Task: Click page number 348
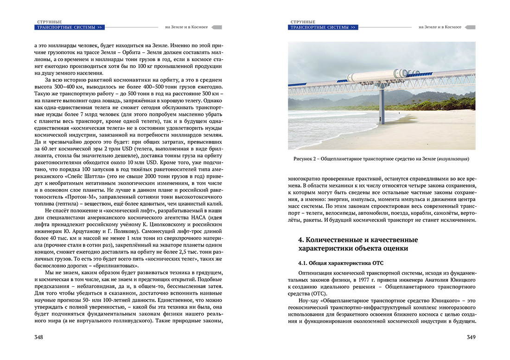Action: pyautogui.click(x=39, y=337)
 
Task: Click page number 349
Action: pyautogui.click(x=471, y=337)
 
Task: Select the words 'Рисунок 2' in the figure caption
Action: pyautogui.click(x=306, y=159)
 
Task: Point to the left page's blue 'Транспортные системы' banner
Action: pyautogui.click(x=70, y=27)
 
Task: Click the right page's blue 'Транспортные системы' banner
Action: pyautogui.click(x=323, y=27)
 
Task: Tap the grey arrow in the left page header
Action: pyautogui.click(x=217, y=27)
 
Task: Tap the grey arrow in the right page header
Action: pyautogui.click(x=470, y=27)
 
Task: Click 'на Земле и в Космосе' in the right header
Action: pyautogui.click(x=440, y=27)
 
